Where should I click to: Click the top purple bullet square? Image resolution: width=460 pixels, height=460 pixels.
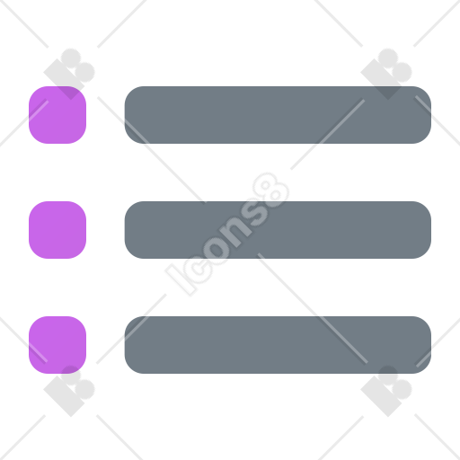tap(57, 115)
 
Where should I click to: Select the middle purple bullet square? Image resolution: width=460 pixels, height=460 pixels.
tap(57, 230)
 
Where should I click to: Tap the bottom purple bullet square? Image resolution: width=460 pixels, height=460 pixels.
tap(57, 345)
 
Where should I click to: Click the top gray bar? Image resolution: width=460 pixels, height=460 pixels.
tap(278, 115)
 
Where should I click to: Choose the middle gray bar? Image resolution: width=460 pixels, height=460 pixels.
tap(278, 230)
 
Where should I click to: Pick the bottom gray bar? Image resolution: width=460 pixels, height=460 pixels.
tap(278, 345)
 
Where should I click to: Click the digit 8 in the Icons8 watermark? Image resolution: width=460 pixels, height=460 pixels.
tap(270, 190)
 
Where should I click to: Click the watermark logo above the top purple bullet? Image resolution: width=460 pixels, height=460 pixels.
tap(69, 74)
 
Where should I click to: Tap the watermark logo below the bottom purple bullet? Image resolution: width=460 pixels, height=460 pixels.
tap(69, 391)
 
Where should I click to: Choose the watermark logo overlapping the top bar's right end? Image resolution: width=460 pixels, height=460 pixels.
tap(386, 74)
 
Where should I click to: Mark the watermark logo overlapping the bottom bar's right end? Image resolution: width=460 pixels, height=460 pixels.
tap(386, 391)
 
